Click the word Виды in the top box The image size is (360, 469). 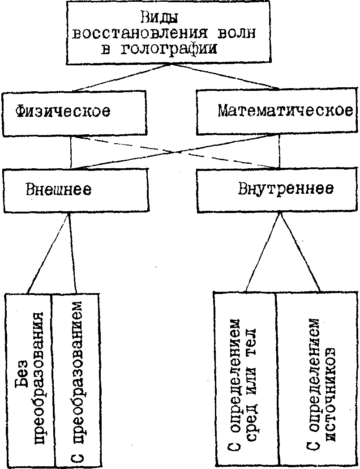159,19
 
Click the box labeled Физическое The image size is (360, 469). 74,113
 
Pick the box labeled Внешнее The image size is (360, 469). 75,190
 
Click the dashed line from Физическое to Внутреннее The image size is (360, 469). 175,152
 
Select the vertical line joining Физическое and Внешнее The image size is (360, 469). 71,153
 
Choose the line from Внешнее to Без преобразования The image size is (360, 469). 48,253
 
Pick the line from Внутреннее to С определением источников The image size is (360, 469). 300,252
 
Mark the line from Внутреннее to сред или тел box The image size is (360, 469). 262,252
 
